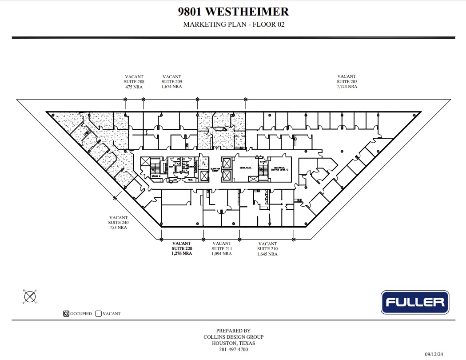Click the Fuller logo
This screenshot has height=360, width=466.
pos(415,302)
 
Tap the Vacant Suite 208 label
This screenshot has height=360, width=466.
pos(134,82)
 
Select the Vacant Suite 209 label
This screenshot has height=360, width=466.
pos(171,82)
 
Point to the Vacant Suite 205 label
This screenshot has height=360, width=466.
pos(347,82)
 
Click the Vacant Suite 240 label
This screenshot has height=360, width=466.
pos(118,222)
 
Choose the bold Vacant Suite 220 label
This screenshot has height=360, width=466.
pos(182,248)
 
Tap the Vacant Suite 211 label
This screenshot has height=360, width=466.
pos(222,248)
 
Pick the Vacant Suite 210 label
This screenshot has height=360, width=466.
pos(267,249)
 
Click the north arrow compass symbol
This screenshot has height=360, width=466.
pos(30,296)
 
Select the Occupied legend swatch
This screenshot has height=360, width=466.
pos(66,313)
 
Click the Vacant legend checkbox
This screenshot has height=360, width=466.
pos(99,313)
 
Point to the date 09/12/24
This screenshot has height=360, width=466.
pos(434,354)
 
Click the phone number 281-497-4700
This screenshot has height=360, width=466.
pos(233,349)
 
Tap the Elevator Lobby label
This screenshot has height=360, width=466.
pos(215,170)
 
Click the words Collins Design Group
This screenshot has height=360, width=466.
pos(233,337)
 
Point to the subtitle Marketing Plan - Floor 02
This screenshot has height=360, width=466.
pos(234,24)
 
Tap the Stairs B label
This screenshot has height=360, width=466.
pos(155,176)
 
